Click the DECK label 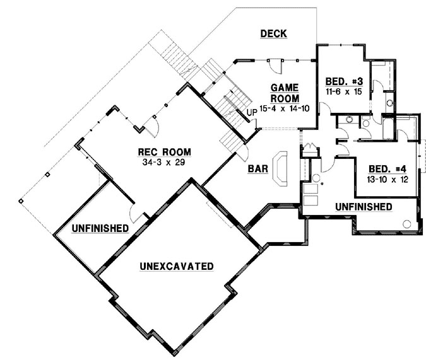click(274, 33)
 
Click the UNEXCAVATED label click(176, 266)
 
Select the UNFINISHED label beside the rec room click(100, 227)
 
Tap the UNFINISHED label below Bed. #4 click(364, 206)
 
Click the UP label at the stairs click(252, 113)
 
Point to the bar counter click(280, 168)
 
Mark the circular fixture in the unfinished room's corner click(407, 223)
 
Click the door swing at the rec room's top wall click(151, 125)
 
